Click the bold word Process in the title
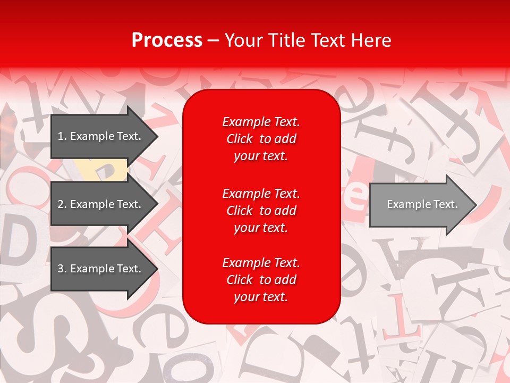[167, 40]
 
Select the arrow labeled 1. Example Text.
[101, 136]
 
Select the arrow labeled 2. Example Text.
[101, 204]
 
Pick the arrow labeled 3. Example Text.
[101, 269]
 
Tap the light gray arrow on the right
[420, 204]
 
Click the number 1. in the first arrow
[62, 136]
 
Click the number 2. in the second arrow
[62, 204]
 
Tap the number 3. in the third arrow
[62, 269]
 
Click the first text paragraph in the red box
[261, 139]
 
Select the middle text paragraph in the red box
[261, 211]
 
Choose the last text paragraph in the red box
[261, 280]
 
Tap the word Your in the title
[245, 40]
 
